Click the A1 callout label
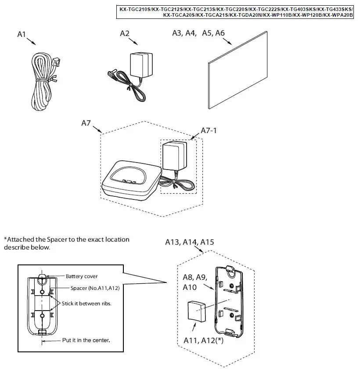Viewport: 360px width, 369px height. pyautogui.click(x=22, y=34)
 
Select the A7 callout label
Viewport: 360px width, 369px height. pyautogui.click(x=86, y=123)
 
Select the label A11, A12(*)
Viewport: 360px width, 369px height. pyautogui.click(x=202, y=340)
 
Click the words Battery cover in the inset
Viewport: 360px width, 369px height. pyautogui.click(x=82, y=276)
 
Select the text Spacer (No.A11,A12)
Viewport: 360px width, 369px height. pyautogui.click(x=95, y=288)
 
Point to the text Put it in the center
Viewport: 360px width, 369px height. pyautogui.click(x=86, y=340)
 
